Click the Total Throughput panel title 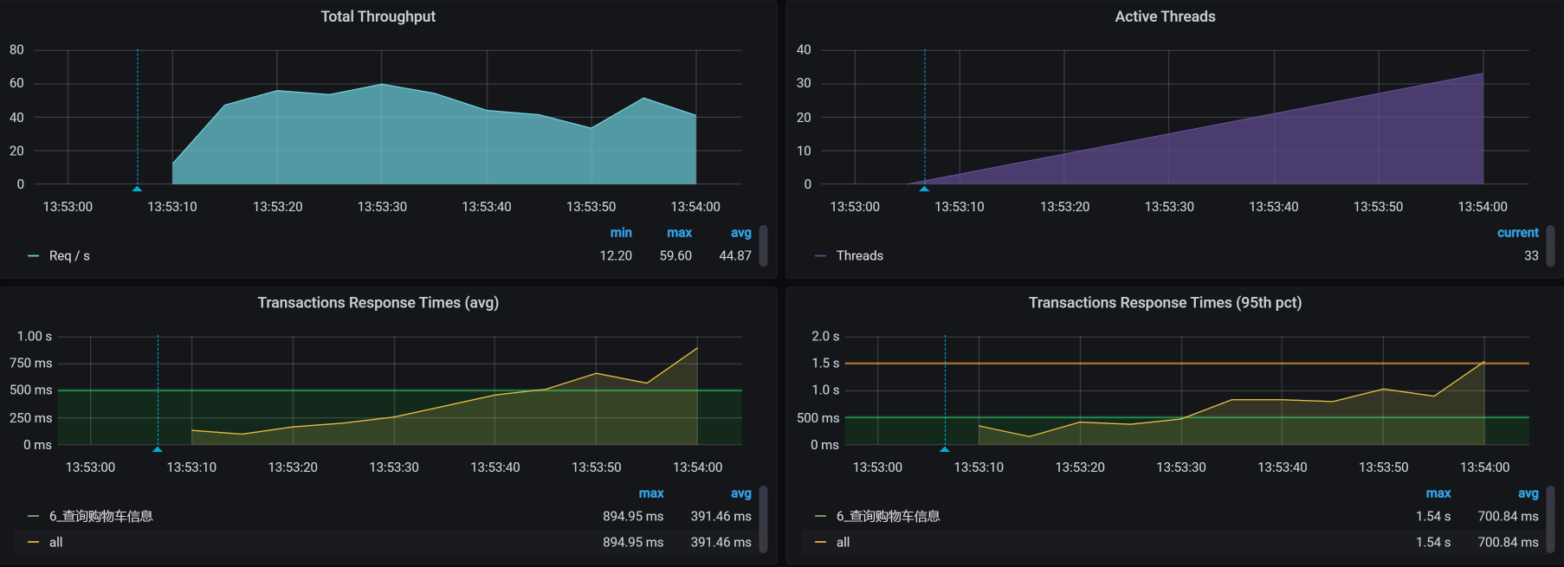coord(378,16)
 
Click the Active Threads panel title coord(1165,16)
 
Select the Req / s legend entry coord(69,256)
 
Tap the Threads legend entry coord(859,256)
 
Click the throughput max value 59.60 coord(675,256)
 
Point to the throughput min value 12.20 coord(616,256)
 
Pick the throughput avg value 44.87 coord(735,256)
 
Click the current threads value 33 coord(1531,256)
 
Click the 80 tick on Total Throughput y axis coord(16,50)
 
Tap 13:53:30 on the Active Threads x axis coord(1169,207)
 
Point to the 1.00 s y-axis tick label coord(35,337)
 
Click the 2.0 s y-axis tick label coord(825,337)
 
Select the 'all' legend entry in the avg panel coord(55,543)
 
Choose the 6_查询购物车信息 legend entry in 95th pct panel coord(888,517)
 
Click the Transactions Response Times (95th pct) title coord(1165,303)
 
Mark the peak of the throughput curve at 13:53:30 coord(382,84)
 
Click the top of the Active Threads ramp coord(1483,74)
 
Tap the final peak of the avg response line coord(697,348)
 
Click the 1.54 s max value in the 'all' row coord(1433,543)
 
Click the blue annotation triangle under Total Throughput coord(137,188)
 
